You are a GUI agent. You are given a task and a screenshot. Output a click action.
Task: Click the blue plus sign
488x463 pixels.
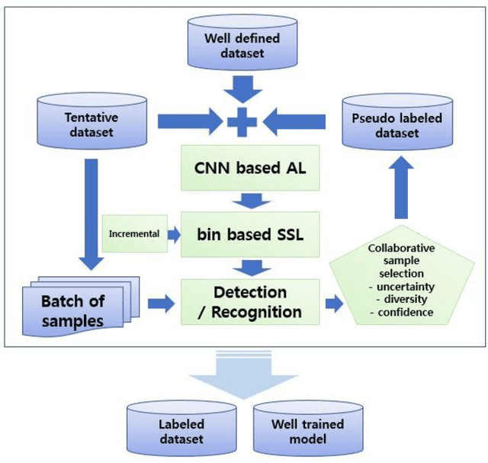tap(241, 121)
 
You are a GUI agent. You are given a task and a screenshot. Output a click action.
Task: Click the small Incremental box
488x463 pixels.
tap(134, 233)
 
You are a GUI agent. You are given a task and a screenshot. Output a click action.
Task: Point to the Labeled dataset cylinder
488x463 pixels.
tap(181, 431)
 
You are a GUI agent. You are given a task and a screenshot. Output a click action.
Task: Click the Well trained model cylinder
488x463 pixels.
tap(307, 431)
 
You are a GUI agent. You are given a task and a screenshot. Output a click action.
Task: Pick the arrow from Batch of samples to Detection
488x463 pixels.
tap(158, 304)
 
